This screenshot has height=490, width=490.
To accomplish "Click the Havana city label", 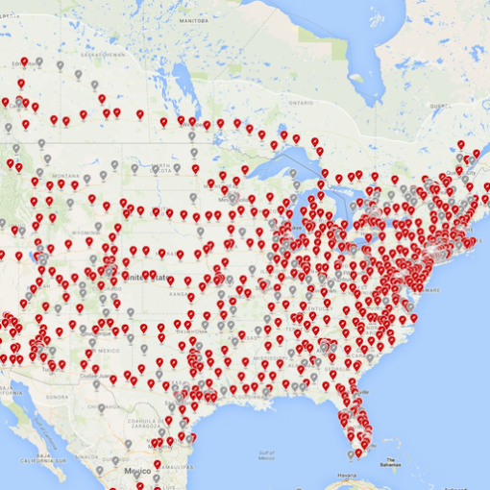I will click(344, 477).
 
